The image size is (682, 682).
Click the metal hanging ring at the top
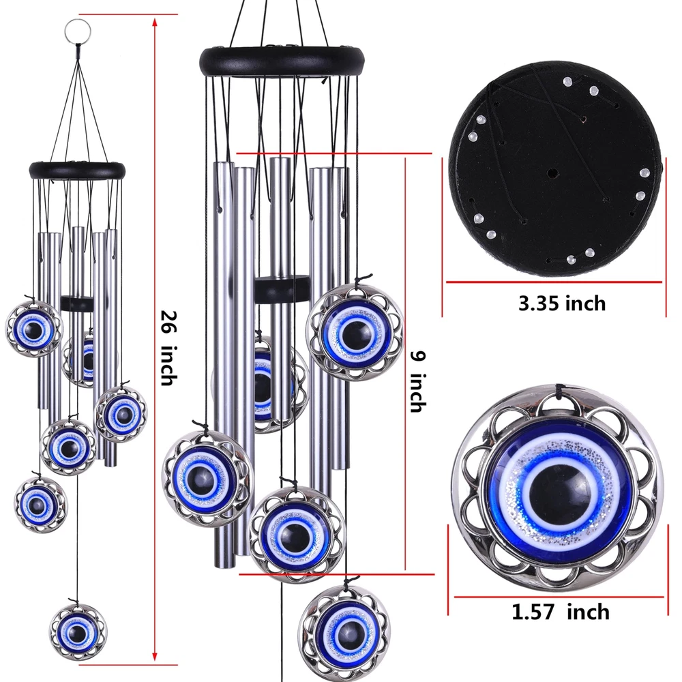78,31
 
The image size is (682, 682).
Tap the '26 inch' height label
168,348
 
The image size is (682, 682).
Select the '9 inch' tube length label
419,381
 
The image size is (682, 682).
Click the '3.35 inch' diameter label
562,303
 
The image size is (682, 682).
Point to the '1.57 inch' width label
560,612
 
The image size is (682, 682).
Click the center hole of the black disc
552,173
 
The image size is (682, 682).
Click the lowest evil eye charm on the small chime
78,632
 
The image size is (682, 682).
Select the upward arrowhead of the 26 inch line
154,21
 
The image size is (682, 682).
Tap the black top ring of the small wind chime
77,170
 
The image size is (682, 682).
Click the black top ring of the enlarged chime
282,61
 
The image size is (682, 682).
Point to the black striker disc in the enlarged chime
282,288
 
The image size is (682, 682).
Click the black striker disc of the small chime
77,304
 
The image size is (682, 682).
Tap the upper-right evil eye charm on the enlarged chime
355,333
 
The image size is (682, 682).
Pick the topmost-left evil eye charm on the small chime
34,329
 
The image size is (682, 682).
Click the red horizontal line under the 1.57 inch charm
559,597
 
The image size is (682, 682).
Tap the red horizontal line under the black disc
554,282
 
